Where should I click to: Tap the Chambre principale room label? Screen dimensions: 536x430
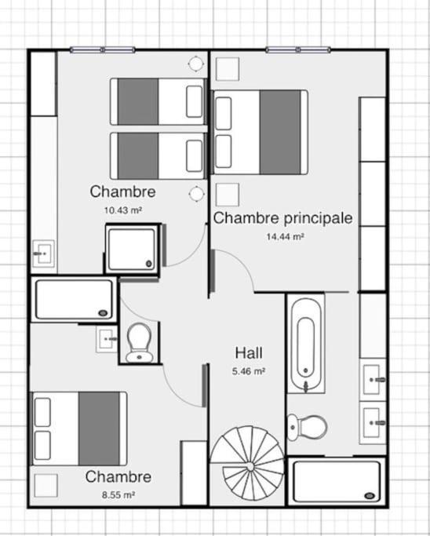pos(282,217)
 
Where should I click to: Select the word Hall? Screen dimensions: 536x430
pos(248,352)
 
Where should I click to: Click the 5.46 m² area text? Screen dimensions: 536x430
pos(248,370)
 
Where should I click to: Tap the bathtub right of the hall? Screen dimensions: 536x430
pos(306,343)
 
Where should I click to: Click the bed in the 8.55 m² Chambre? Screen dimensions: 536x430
pos(78,428)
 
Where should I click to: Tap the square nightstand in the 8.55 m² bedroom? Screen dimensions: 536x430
pos(46,484)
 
